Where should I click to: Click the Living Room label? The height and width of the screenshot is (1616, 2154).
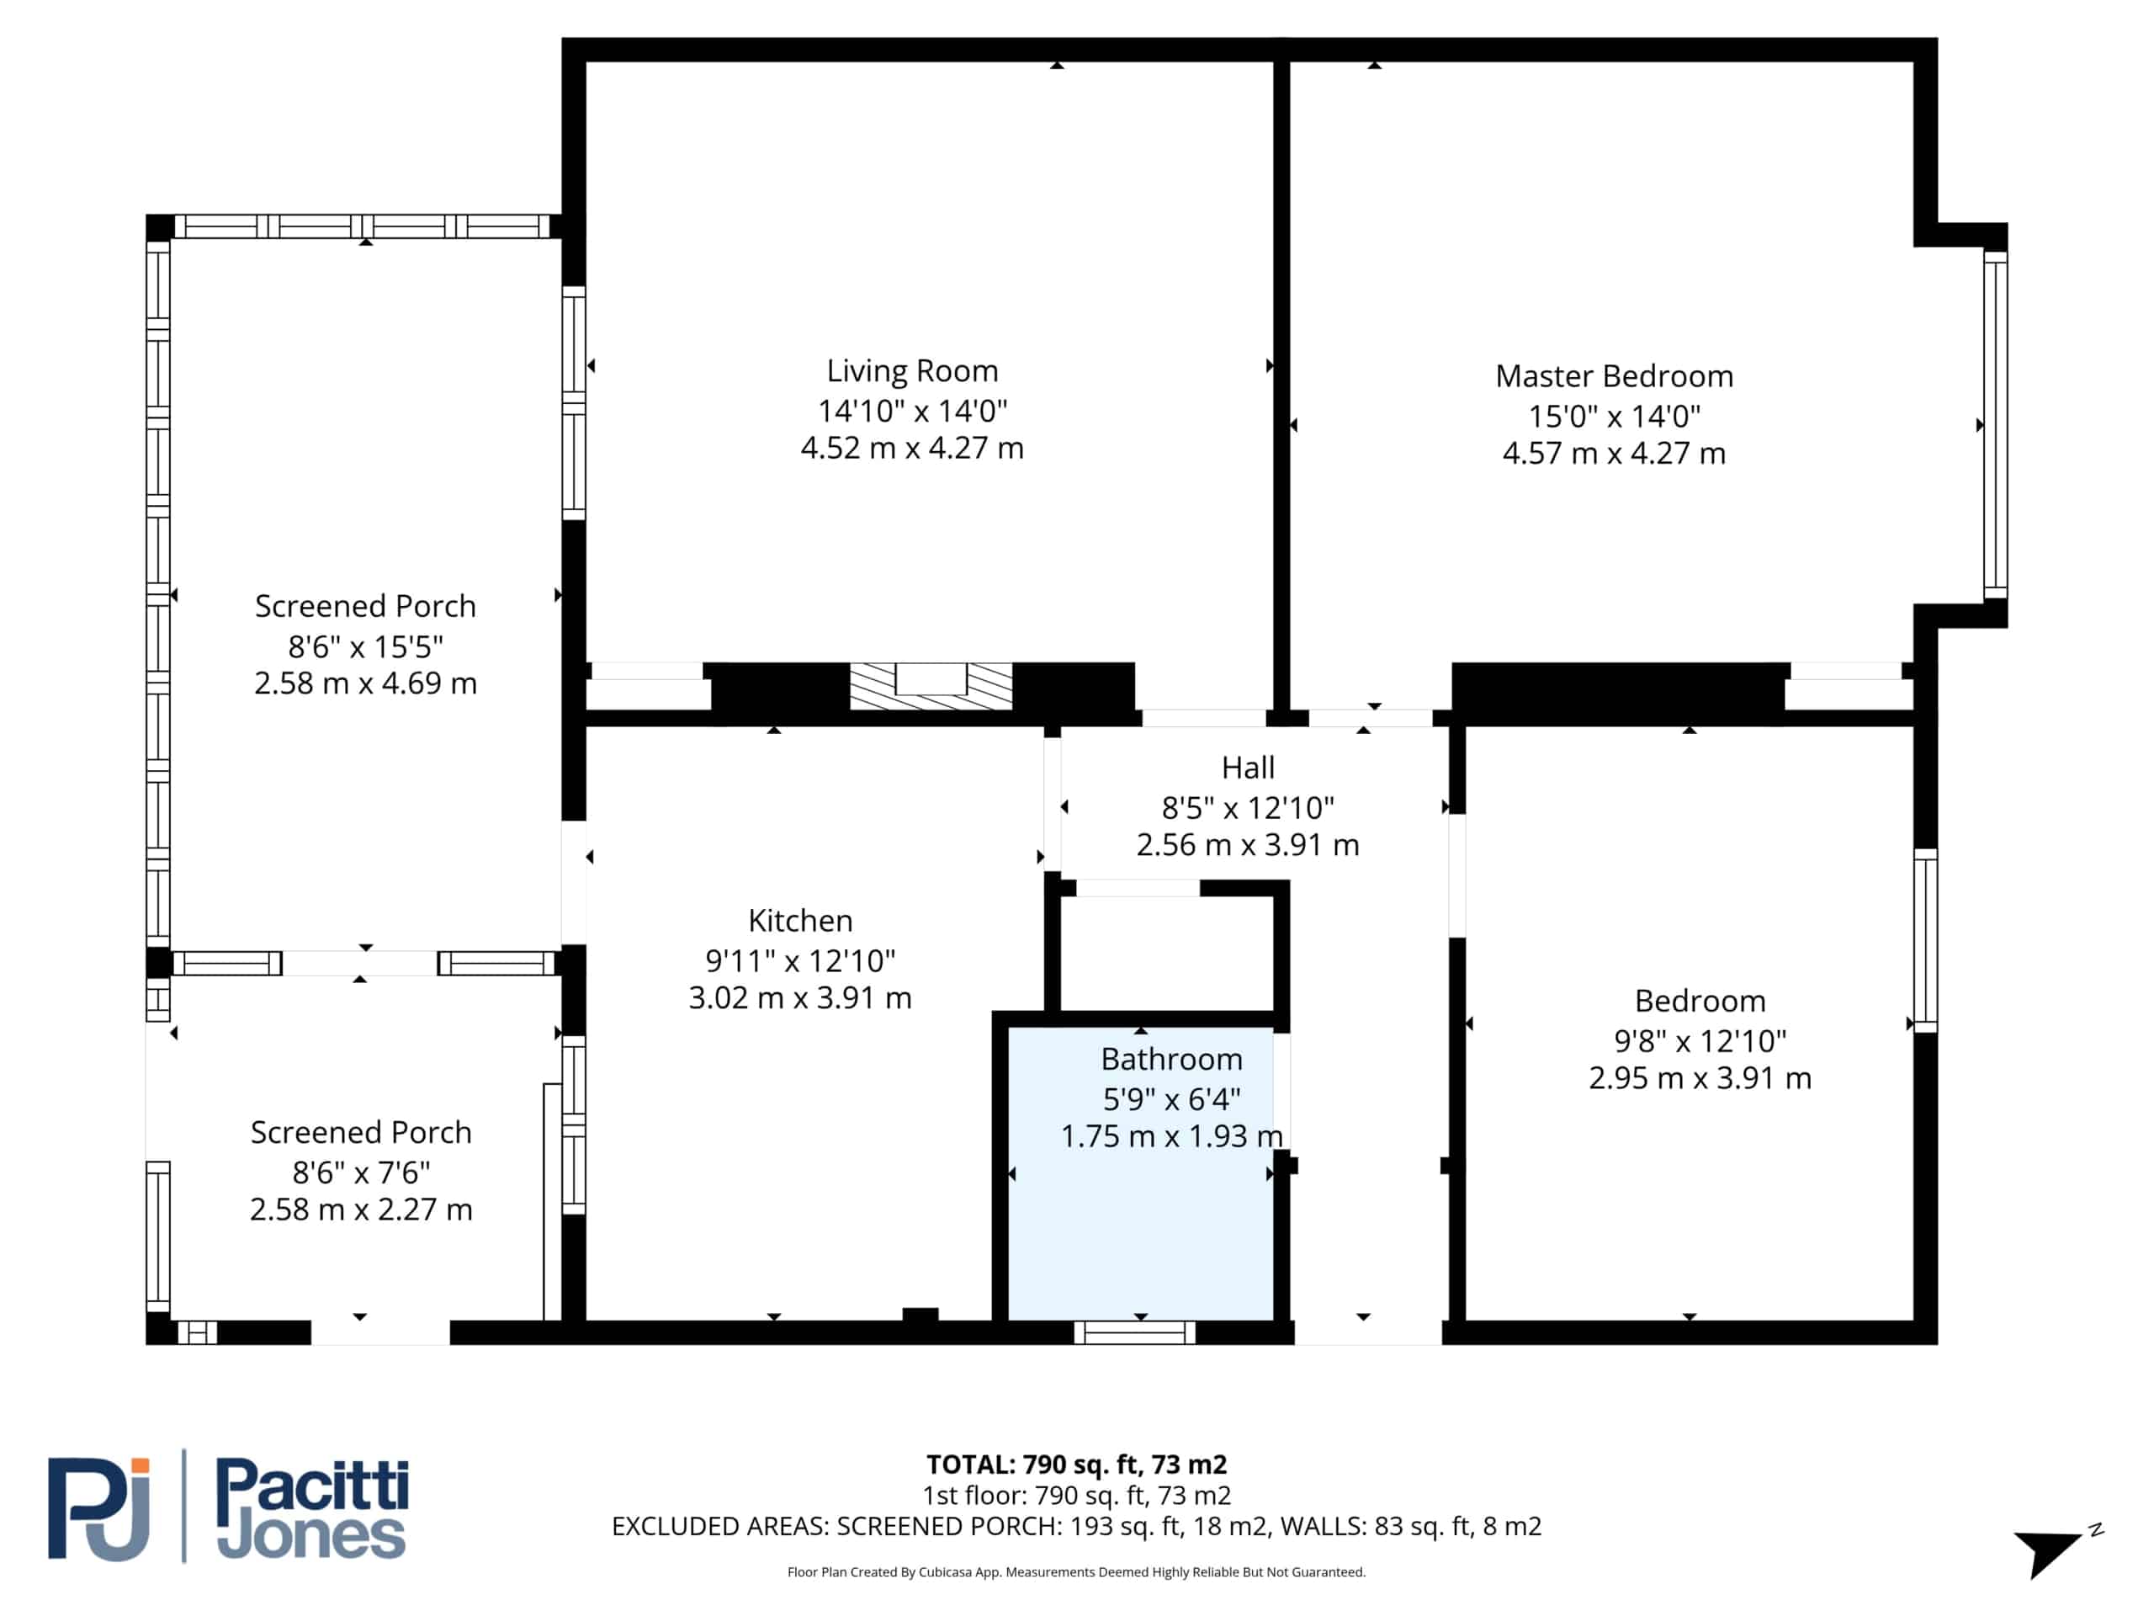pos(912,371)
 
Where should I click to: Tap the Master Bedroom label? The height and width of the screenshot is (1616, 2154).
pos(1614,376)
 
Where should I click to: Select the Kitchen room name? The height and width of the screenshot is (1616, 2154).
pos(799,921)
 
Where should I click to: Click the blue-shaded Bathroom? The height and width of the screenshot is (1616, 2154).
pos(1140,1172)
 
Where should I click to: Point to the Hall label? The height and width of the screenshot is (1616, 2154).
pos(1248,768)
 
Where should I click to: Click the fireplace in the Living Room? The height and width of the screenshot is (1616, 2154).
pos(931,686)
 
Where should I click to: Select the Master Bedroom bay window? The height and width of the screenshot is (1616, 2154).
pos(1995,425)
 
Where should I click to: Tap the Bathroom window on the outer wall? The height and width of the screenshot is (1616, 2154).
pos(1134,1332)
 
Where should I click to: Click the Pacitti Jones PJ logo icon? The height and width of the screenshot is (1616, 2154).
pos(99,1509)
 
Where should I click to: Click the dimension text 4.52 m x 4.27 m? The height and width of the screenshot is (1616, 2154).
pos(911,448)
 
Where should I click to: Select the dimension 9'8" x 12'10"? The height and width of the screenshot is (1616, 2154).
pos(1700,1041)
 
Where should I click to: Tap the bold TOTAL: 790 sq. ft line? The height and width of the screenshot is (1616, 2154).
pos(1076,1464)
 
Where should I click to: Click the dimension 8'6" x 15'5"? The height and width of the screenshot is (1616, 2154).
pos(365,646)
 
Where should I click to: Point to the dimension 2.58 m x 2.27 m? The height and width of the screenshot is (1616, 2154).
pos(360,1209)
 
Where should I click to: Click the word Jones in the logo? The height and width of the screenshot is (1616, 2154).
pos(310,1536)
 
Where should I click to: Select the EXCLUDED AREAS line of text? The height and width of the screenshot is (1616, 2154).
pos(1076,1527)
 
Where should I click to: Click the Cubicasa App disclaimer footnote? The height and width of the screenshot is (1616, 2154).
pos(1076,1571)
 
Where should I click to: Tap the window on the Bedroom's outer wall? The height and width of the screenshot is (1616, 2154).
pos(1925,940)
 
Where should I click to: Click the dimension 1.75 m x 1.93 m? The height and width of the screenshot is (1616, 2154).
pos(1171,1137)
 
